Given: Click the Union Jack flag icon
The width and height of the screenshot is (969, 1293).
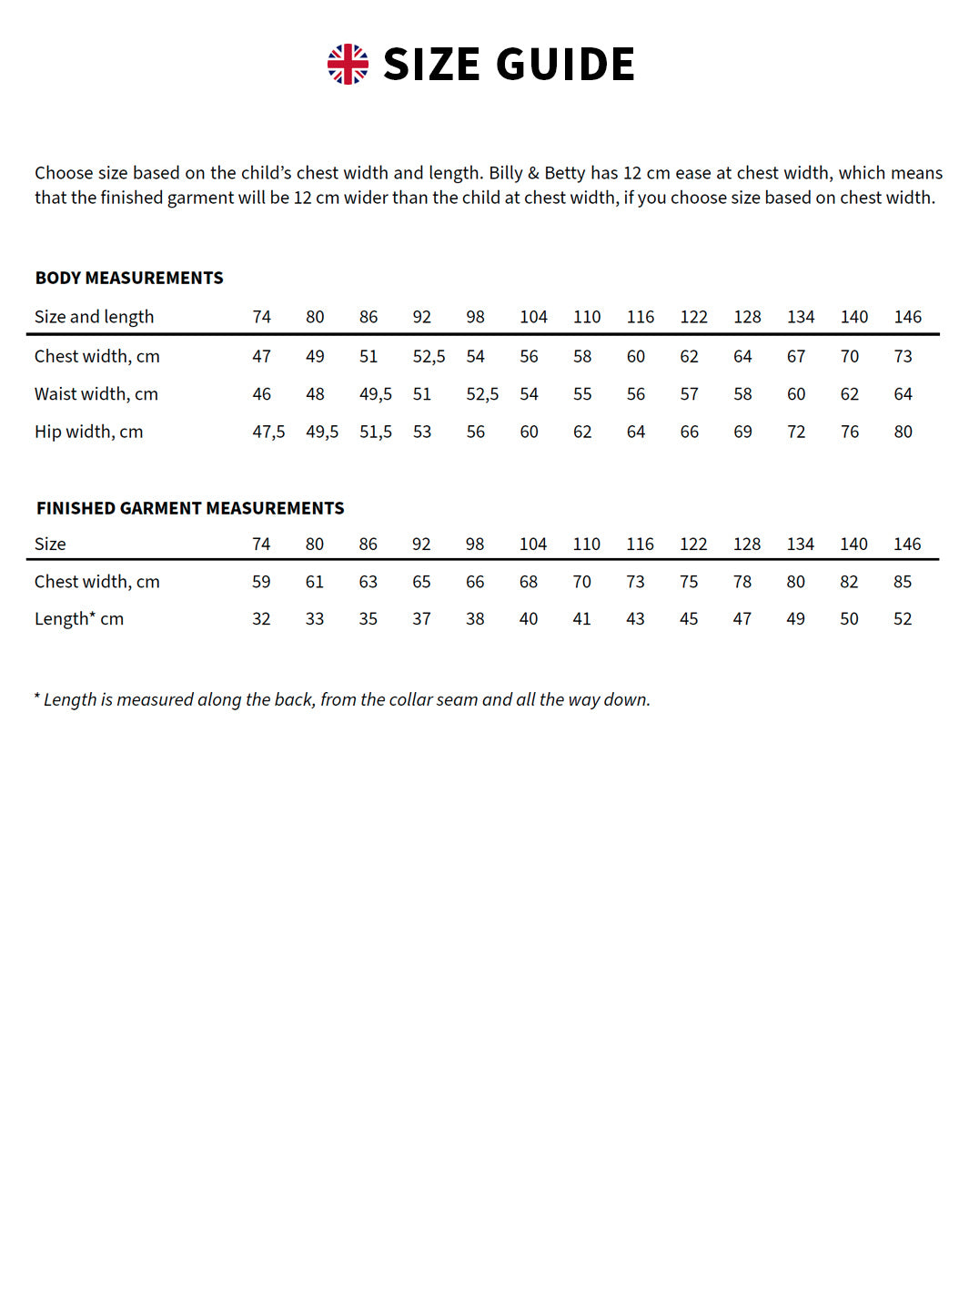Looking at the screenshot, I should point(348,65).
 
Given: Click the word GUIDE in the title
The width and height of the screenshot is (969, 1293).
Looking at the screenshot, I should point(565,65).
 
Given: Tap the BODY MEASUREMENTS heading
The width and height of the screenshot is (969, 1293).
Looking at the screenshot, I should point(129,278).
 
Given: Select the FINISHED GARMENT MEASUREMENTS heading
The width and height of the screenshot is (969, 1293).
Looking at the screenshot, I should point(190,508).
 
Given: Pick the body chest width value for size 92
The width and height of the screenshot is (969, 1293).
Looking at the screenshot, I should point(429,356).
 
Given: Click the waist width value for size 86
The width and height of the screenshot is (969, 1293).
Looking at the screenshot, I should point(375,394).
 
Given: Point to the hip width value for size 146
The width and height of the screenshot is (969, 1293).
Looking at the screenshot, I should point(903,432).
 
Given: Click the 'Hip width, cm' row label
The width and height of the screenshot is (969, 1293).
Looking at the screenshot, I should point(89,432).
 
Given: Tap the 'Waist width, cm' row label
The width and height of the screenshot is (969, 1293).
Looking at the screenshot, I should point(96,394).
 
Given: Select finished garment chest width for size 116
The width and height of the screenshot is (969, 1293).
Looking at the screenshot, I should point(635,582).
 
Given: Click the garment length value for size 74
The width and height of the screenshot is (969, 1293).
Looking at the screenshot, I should point(261,619).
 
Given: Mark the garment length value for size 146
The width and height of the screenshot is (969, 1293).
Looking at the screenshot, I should point(902,619).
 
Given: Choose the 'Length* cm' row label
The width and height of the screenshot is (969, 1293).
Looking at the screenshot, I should point(79,619).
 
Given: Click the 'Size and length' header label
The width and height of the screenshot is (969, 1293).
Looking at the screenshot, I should point(95,317).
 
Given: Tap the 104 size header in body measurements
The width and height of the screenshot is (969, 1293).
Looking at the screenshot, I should point(533,317).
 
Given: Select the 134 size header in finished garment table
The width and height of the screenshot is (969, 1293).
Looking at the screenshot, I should point(800,545).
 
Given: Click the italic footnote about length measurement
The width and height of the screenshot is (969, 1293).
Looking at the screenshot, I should point(342,699).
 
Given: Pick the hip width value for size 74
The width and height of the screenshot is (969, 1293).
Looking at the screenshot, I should point(268,432).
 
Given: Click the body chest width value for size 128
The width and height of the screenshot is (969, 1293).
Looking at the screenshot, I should point(742,356).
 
